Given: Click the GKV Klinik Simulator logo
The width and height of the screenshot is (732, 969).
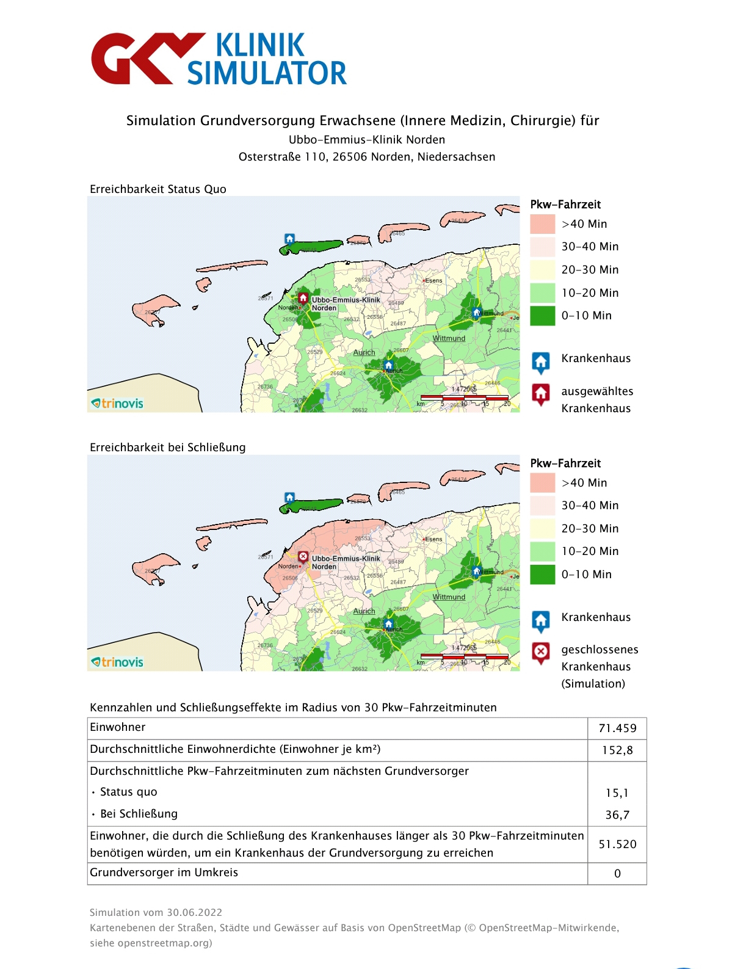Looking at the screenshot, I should coord(219,59).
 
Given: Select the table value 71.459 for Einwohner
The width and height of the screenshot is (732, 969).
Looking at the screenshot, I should coord(617,728).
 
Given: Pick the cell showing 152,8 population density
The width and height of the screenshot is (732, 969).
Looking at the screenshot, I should coord(617,750).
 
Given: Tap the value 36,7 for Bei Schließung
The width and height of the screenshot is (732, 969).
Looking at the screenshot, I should coord(617,815).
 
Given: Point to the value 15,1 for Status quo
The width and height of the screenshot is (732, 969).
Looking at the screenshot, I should coord(617,793).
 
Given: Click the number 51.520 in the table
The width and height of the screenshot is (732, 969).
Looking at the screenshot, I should coord(617,844).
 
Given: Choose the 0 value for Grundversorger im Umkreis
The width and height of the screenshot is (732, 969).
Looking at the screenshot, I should coord(617,873).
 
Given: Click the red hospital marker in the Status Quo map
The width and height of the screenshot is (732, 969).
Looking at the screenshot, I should coord(303,298).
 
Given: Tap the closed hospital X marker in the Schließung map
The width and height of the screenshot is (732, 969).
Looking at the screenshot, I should coord(303,557).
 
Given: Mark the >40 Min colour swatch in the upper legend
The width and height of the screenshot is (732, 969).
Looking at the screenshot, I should coord(542,224).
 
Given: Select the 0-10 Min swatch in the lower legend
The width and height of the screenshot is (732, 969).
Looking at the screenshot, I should coord(542,574).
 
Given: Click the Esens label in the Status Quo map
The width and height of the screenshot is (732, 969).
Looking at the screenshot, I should coord(433,281).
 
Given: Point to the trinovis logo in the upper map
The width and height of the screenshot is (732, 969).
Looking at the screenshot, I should coord(117,403).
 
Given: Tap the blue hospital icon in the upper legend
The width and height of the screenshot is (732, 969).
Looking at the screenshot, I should coord(541,361).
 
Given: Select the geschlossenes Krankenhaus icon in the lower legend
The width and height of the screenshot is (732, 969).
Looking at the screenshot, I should coord(541,653).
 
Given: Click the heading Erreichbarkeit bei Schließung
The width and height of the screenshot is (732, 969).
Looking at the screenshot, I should coord(167,448).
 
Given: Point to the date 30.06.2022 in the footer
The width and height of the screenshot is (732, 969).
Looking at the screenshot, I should coord(195,912).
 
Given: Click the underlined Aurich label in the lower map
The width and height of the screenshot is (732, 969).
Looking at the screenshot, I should coord(364,611).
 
